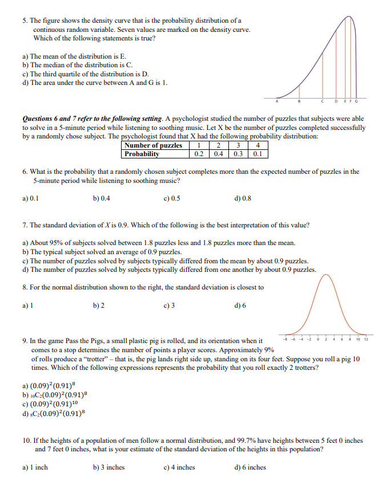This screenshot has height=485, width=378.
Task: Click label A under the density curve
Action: point(277,101)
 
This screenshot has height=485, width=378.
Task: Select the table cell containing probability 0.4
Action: point(218,154)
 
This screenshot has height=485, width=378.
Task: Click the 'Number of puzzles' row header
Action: point(153,145)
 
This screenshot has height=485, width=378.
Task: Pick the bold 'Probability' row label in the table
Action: point(142,154)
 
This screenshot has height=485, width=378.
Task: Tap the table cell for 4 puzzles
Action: point(258,145)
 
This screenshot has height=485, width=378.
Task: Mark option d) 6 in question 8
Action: point(240,304)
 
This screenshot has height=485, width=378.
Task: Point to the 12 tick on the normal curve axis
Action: point(366,339)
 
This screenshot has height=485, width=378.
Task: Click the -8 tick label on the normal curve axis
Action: point(283,339)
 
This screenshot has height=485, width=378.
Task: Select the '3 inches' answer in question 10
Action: point(108,467)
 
